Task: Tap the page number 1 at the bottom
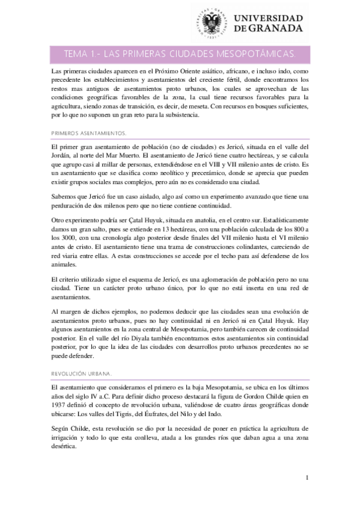click(307, 478)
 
